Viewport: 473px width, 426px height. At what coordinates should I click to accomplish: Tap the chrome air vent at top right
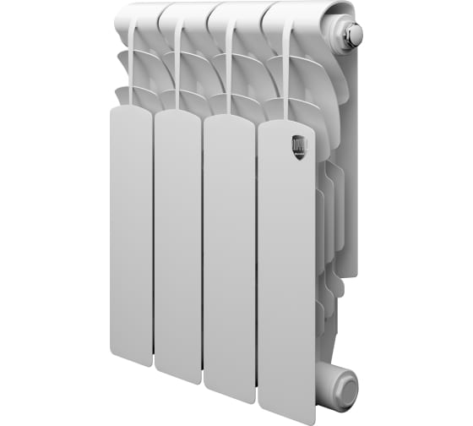click(x=352, y=35)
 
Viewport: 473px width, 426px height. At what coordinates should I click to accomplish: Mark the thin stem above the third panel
click(x=229, y=72)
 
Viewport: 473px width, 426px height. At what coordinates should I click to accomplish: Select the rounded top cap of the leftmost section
click(x=139, y=14)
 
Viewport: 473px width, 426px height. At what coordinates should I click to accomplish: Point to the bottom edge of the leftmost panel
click(x=132, y=363)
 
